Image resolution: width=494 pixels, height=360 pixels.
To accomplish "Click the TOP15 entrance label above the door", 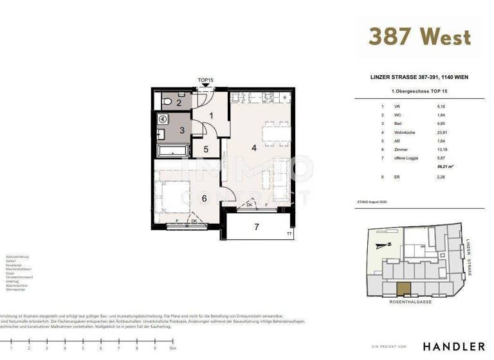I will (x=205, y=80).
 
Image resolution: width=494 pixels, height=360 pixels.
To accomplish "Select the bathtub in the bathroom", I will (x=172, y=150).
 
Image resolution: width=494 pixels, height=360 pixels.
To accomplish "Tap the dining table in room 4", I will (x=277, y=134).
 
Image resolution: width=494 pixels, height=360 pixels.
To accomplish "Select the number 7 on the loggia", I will (x=256, y=227).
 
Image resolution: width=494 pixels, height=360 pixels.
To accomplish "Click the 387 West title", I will (x=419, y=37).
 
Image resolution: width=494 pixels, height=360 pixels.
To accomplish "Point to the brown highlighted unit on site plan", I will (x=403, y=289).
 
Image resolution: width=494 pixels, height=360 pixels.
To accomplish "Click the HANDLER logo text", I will (x=453, y=346).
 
